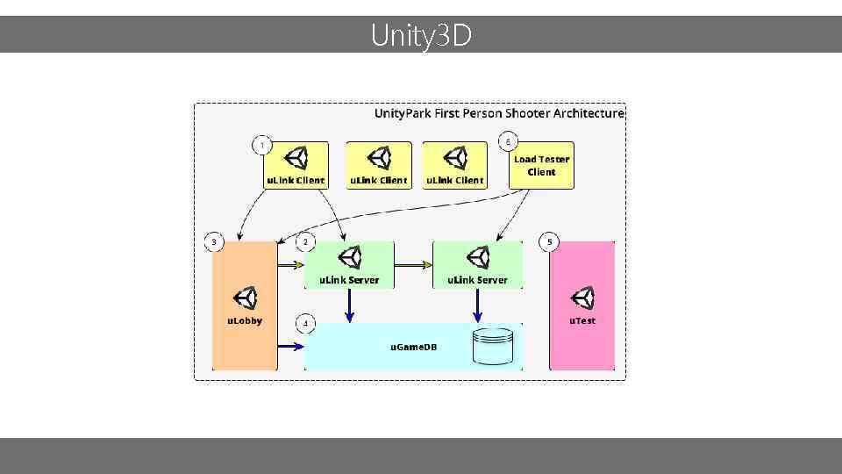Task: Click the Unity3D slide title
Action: (421, 36)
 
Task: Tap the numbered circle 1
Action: (261, 143)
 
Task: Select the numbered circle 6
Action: (509, 141)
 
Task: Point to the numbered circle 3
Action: (213, 241)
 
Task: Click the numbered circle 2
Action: (305, 241)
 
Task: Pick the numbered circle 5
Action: (550, 241)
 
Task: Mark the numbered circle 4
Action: (305, 324)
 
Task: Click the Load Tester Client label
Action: (541, 166)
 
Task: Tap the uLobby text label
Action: (245, 321)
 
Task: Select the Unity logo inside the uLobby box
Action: (245, 299)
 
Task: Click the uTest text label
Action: (582, 321)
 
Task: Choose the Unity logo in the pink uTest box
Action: (582, 299)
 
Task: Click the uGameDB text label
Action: (413, 348)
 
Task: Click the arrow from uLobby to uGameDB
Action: (289, 346)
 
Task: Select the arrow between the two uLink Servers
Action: (413, 263)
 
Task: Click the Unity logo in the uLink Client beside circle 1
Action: (296, 158)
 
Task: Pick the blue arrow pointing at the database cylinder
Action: (477, 305)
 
